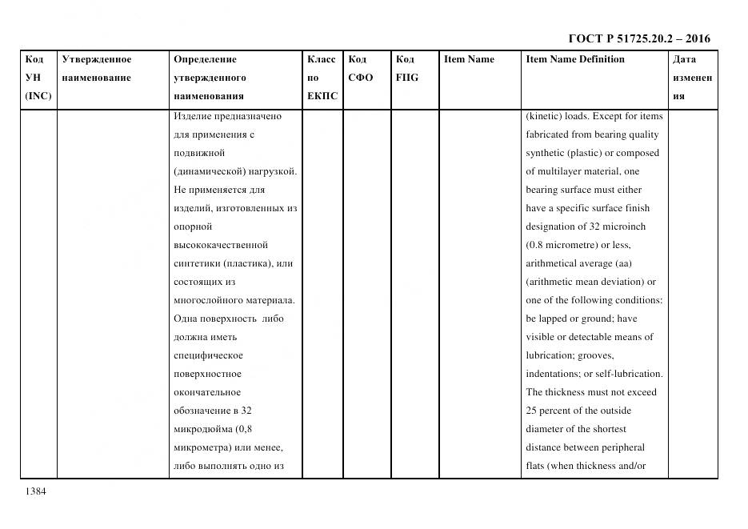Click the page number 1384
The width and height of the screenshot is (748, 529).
point(34,491)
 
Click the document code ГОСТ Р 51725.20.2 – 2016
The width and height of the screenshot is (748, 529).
point(638,38)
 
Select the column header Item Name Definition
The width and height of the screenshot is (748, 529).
point(574,59)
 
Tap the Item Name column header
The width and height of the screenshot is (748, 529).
point(469,59)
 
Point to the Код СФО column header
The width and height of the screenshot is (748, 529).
point(360,68)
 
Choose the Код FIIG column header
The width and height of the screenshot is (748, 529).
point(406,68)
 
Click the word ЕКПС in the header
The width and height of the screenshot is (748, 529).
point(322,96)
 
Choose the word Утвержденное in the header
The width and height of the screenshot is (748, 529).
point(97,59)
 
